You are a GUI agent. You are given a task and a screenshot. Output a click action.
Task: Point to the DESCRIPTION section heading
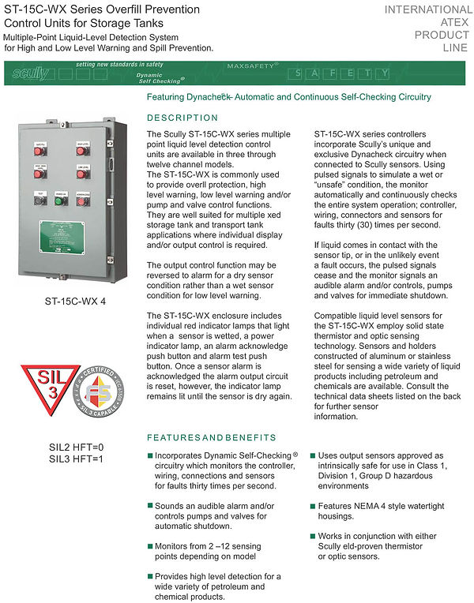(x=182, y=118)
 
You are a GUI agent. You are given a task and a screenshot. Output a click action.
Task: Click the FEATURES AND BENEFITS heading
(x=212, y=437)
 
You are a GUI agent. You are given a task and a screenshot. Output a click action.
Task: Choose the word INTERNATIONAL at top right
(x=427, y=10)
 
